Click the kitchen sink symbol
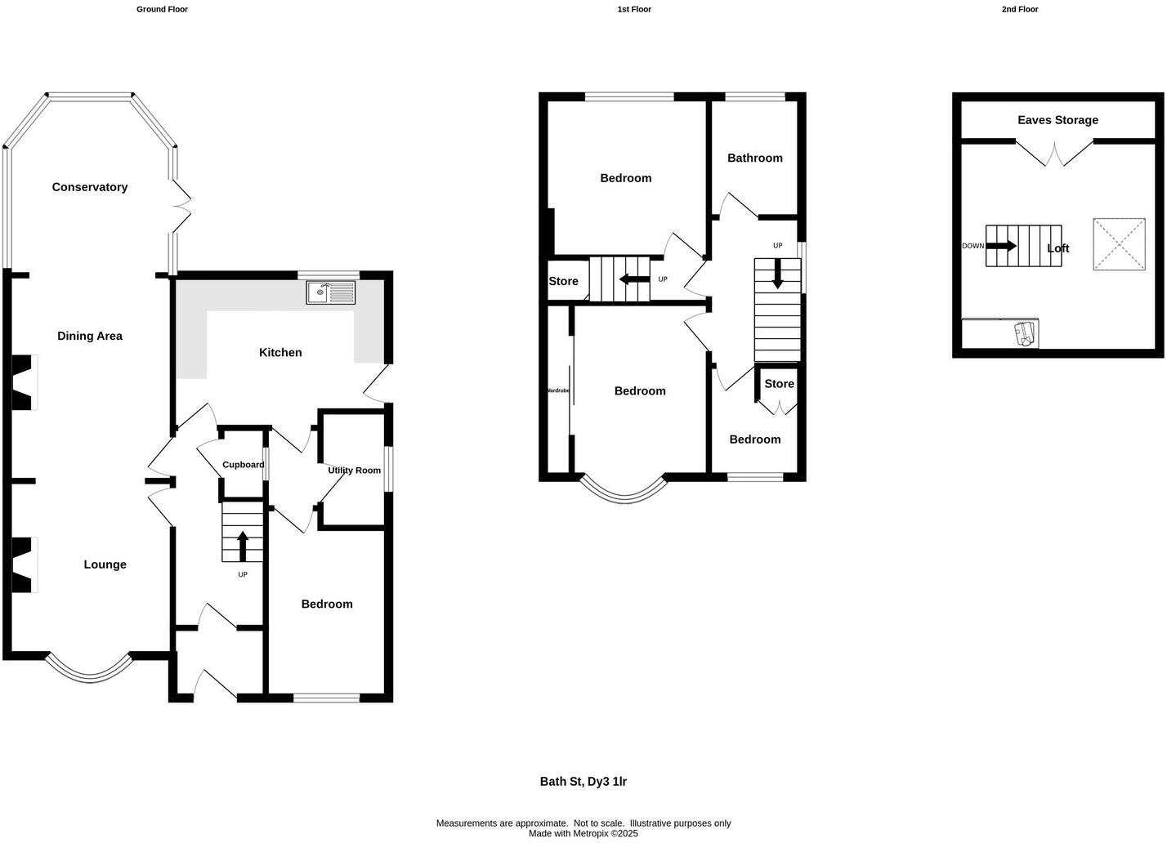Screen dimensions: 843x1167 [x=331, y=292]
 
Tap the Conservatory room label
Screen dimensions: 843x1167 [x=90, y=187]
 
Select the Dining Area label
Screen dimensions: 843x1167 [x=90, y=336]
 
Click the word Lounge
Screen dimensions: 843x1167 [x=105, y=564]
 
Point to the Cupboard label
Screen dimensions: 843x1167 [x=244, y=465]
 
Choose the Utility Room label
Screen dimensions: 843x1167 [x=354, y=471]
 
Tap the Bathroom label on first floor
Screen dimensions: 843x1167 [x=754, y=158]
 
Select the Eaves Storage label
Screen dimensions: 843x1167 [x=1057, y=120]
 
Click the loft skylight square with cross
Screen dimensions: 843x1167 [x=1119, y=243]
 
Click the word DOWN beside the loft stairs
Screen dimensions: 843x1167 [x=972, y=246]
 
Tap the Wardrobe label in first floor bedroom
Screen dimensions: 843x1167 [x=557, y=391]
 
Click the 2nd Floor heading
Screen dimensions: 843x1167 [x=1019, y=10]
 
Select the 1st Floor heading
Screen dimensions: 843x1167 [x=634, y=10]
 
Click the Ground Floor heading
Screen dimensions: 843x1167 [x=162, y=10]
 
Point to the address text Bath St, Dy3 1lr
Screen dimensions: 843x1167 [x=583, y=782]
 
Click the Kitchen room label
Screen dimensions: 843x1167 [x=280, y=353]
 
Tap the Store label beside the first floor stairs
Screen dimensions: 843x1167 [x=563, y=281]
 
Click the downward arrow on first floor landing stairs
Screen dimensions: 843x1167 [x=777, y=274]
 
